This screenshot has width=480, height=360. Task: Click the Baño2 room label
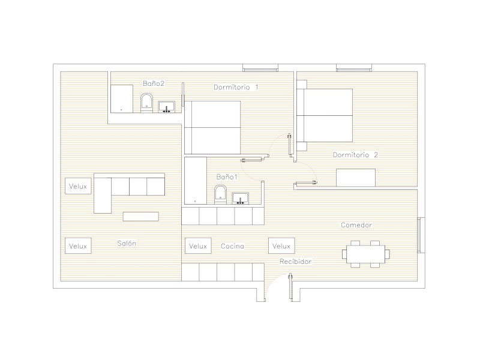pos(154,83)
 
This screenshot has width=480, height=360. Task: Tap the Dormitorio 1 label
pos(236,87)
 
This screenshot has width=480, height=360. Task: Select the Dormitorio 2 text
pos(355,155)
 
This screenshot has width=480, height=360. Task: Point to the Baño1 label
pos(227,177)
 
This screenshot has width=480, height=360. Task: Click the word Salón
pos(127,244)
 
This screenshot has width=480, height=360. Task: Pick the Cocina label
pos(232,246)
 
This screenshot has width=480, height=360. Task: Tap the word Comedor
pos(356,225)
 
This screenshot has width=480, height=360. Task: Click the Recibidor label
pos(295,262)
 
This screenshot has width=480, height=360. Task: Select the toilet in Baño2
pos(146,103)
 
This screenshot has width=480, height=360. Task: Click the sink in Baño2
pos(167,107)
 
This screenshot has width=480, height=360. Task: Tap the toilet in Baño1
pos(220,194)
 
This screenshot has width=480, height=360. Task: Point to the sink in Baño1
pos(241,199)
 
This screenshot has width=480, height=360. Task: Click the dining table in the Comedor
pos(366,254)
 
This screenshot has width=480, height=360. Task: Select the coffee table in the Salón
pos(141,217)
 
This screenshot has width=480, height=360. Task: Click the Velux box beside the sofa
pos(78,186)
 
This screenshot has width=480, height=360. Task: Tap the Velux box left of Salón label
pos(78,246)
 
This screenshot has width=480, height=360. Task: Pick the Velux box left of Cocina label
pos(198,246)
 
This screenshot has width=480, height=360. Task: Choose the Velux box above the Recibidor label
pos(281,246)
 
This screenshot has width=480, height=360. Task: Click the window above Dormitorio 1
pos(260,68)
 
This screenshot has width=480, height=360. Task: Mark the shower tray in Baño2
pos(122,99)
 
